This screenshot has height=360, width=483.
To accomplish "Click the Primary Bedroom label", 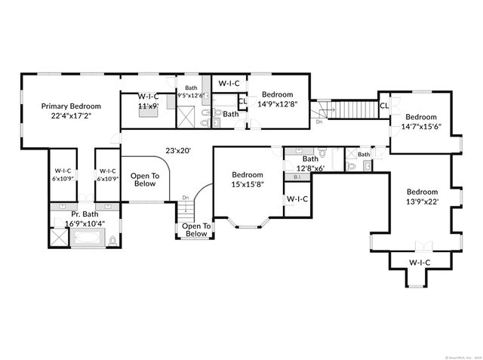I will pyautogui.click(x=70, y=111).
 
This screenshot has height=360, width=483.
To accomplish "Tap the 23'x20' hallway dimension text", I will pyautogui.click(x=178, y=150).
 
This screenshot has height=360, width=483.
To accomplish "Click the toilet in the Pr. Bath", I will pyautogui.click(x=112, y=241).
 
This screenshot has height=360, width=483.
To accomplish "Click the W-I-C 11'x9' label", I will pyautogui.click(x=147, y=101).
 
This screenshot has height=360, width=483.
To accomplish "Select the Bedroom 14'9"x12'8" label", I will pyautogui.click(x=278, y=99).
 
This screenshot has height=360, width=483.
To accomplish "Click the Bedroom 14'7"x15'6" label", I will pyautogui.click(x=420, y=122).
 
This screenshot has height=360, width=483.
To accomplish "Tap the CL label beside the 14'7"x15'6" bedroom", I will pyautogui.click(x=384, y=106).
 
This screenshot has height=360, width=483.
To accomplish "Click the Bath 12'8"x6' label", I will pyautogui.click(x=310, y=163).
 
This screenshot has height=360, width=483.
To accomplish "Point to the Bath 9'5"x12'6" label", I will pyautogui.click(x=191, y=92).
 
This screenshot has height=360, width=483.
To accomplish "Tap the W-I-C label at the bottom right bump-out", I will pyautogui.click(x=420, y=262).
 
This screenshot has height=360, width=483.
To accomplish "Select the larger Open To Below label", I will pyautogui.click(x=145, y=180).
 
